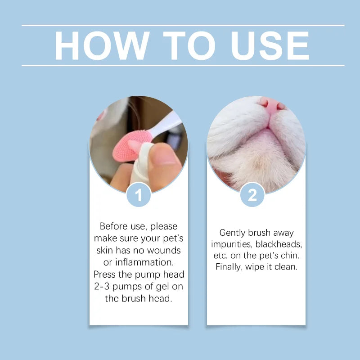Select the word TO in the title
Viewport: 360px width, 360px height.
coord(182,46)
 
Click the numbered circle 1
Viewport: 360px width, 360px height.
coord(139,195)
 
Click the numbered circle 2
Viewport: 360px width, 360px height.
coord(252,195)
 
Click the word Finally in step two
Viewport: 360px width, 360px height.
coord(231,266)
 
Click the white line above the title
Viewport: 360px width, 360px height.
coord(183,26)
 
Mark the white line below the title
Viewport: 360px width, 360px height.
coord(183,66)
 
